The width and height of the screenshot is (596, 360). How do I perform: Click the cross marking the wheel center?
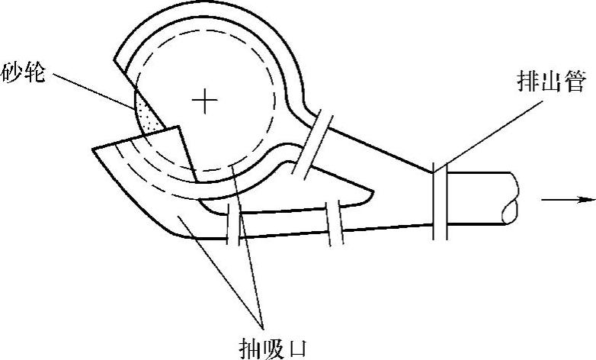(204, 101)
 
